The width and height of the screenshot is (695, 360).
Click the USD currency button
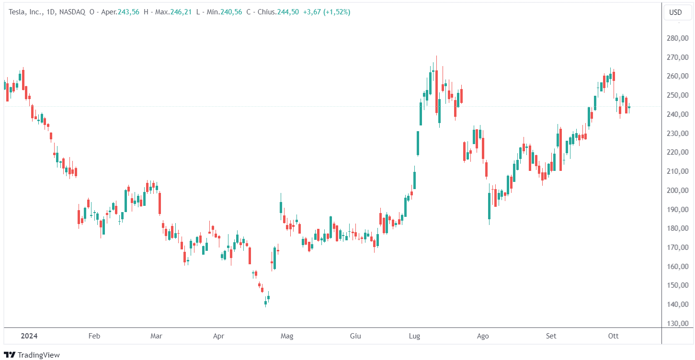tap(675, 12)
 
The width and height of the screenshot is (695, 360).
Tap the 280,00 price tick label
tap(677, 38)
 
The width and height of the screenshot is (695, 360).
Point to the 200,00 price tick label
tap(677, 191)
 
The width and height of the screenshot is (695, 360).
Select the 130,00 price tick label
tap(677, 324)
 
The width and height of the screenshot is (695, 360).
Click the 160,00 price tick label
tap(677, 267)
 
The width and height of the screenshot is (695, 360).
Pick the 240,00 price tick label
tap(677, 114)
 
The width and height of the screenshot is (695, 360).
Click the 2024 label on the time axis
tap(29, 336)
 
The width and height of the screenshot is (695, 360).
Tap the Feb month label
tap(94, 336)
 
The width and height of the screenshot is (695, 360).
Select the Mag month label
tap(287, 336)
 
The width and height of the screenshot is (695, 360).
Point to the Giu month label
tap(355, 336)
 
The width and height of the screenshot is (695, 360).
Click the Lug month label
tap(414, 336)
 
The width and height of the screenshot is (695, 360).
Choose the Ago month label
tap(483, 336)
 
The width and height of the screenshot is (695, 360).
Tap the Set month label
tap(551, 336)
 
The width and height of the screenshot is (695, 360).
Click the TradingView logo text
tap(38, 355)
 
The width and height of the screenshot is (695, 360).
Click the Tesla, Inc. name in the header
tap(25, 12)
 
